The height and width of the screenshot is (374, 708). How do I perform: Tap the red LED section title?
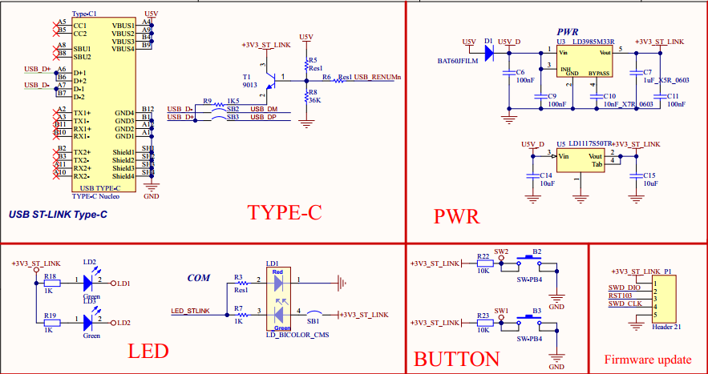point(149,352)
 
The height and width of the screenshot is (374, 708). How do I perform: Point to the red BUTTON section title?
point(456,359)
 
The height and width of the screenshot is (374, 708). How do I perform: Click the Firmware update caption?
point(648,359)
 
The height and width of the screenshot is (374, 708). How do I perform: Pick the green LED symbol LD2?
point(90,283)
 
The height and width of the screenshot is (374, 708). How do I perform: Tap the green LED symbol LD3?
point(90,322)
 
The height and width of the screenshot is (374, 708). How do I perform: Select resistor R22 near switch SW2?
point(483,263)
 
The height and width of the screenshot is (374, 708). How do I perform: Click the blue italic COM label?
point(198,277)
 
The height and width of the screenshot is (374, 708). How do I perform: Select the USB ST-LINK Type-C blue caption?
point(58,215)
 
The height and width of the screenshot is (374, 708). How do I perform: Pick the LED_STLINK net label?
point(190,310)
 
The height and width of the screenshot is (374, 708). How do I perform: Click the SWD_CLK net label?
point(625,304)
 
